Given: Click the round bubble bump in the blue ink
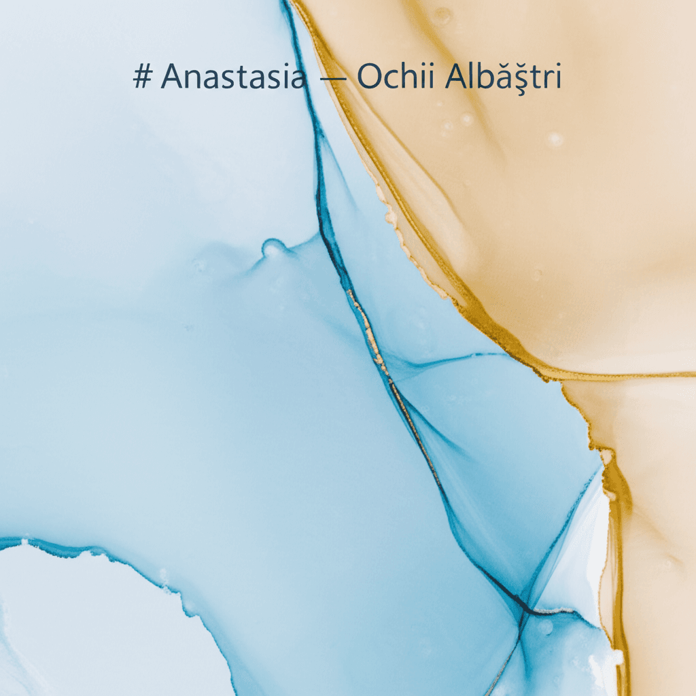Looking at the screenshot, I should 273,248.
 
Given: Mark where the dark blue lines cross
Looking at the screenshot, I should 525,604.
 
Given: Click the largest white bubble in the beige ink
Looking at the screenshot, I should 554,139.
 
